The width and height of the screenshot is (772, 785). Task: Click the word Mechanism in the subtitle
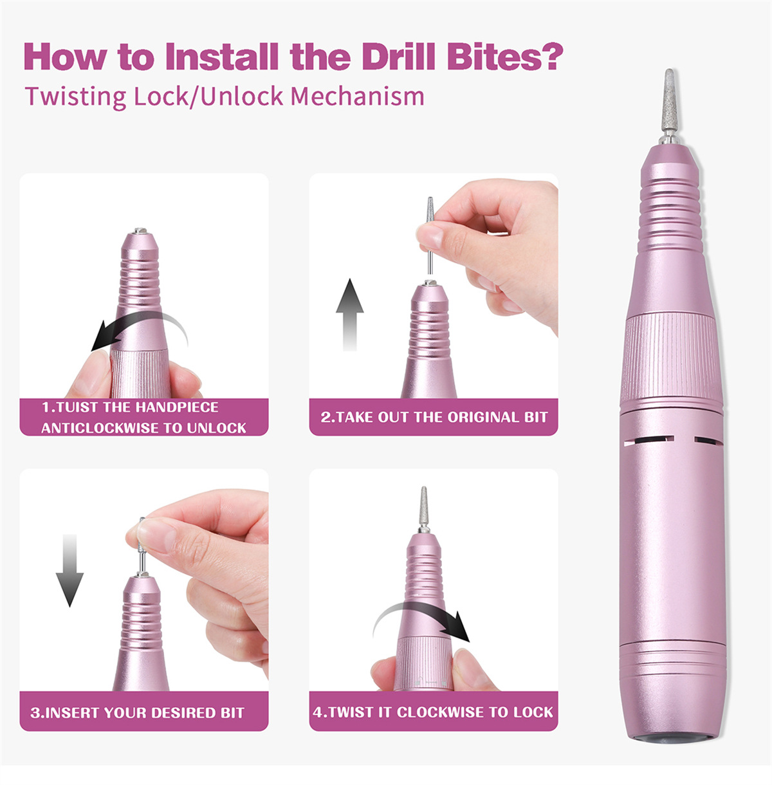tap(357, 97)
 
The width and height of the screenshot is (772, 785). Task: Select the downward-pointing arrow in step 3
tap(69, 570)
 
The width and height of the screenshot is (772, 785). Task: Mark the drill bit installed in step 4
tap(424, 509)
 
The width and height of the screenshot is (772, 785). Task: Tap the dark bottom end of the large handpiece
tap(672, 738)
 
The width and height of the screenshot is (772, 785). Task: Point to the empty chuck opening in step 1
tap(140, 230)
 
